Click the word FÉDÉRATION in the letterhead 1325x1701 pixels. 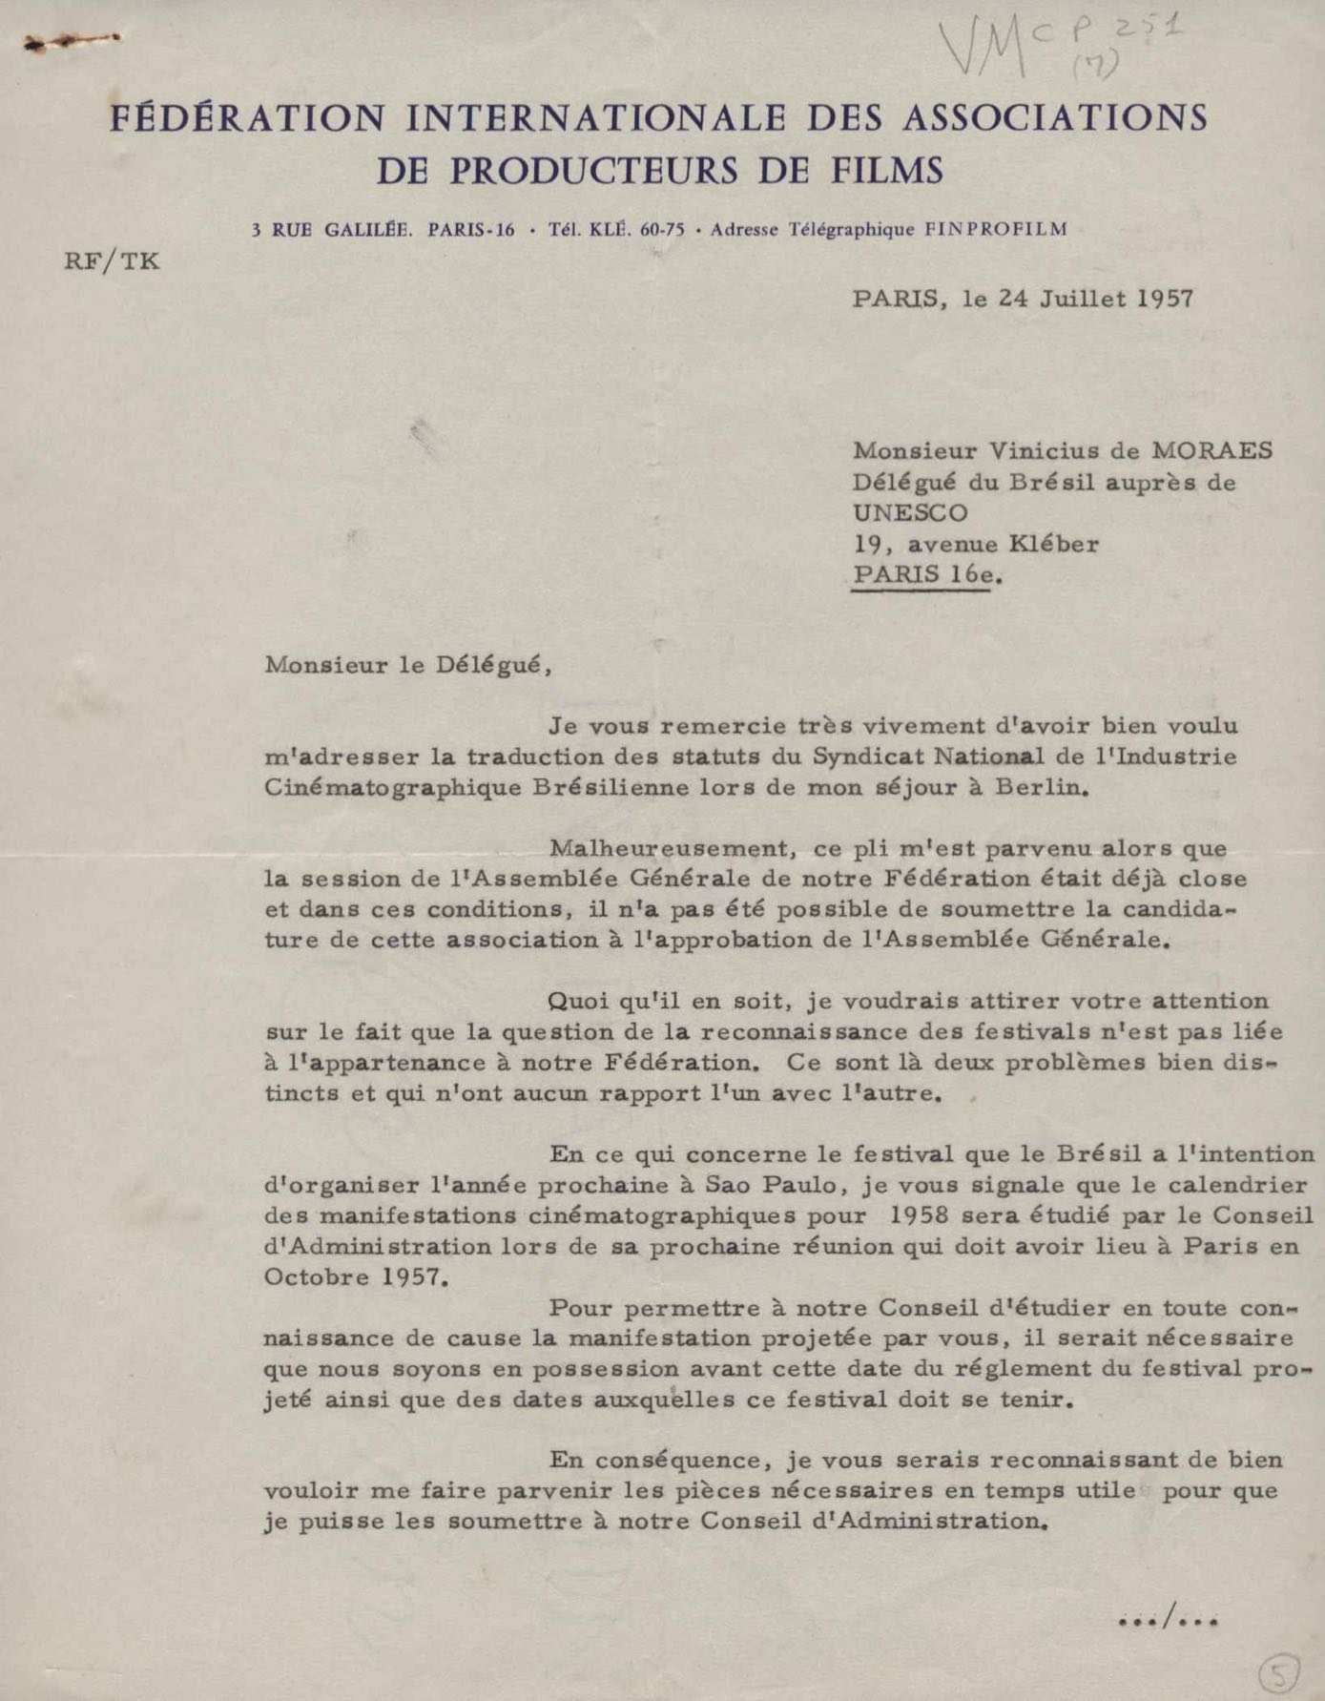pos(248,119)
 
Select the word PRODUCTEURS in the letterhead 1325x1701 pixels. pos(594,172)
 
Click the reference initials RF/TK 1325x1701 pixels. pos(112,261)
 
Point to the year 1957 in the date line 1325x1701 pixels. pos(1165,299)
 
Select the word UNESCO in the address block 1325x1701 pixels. pos(910,512)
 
